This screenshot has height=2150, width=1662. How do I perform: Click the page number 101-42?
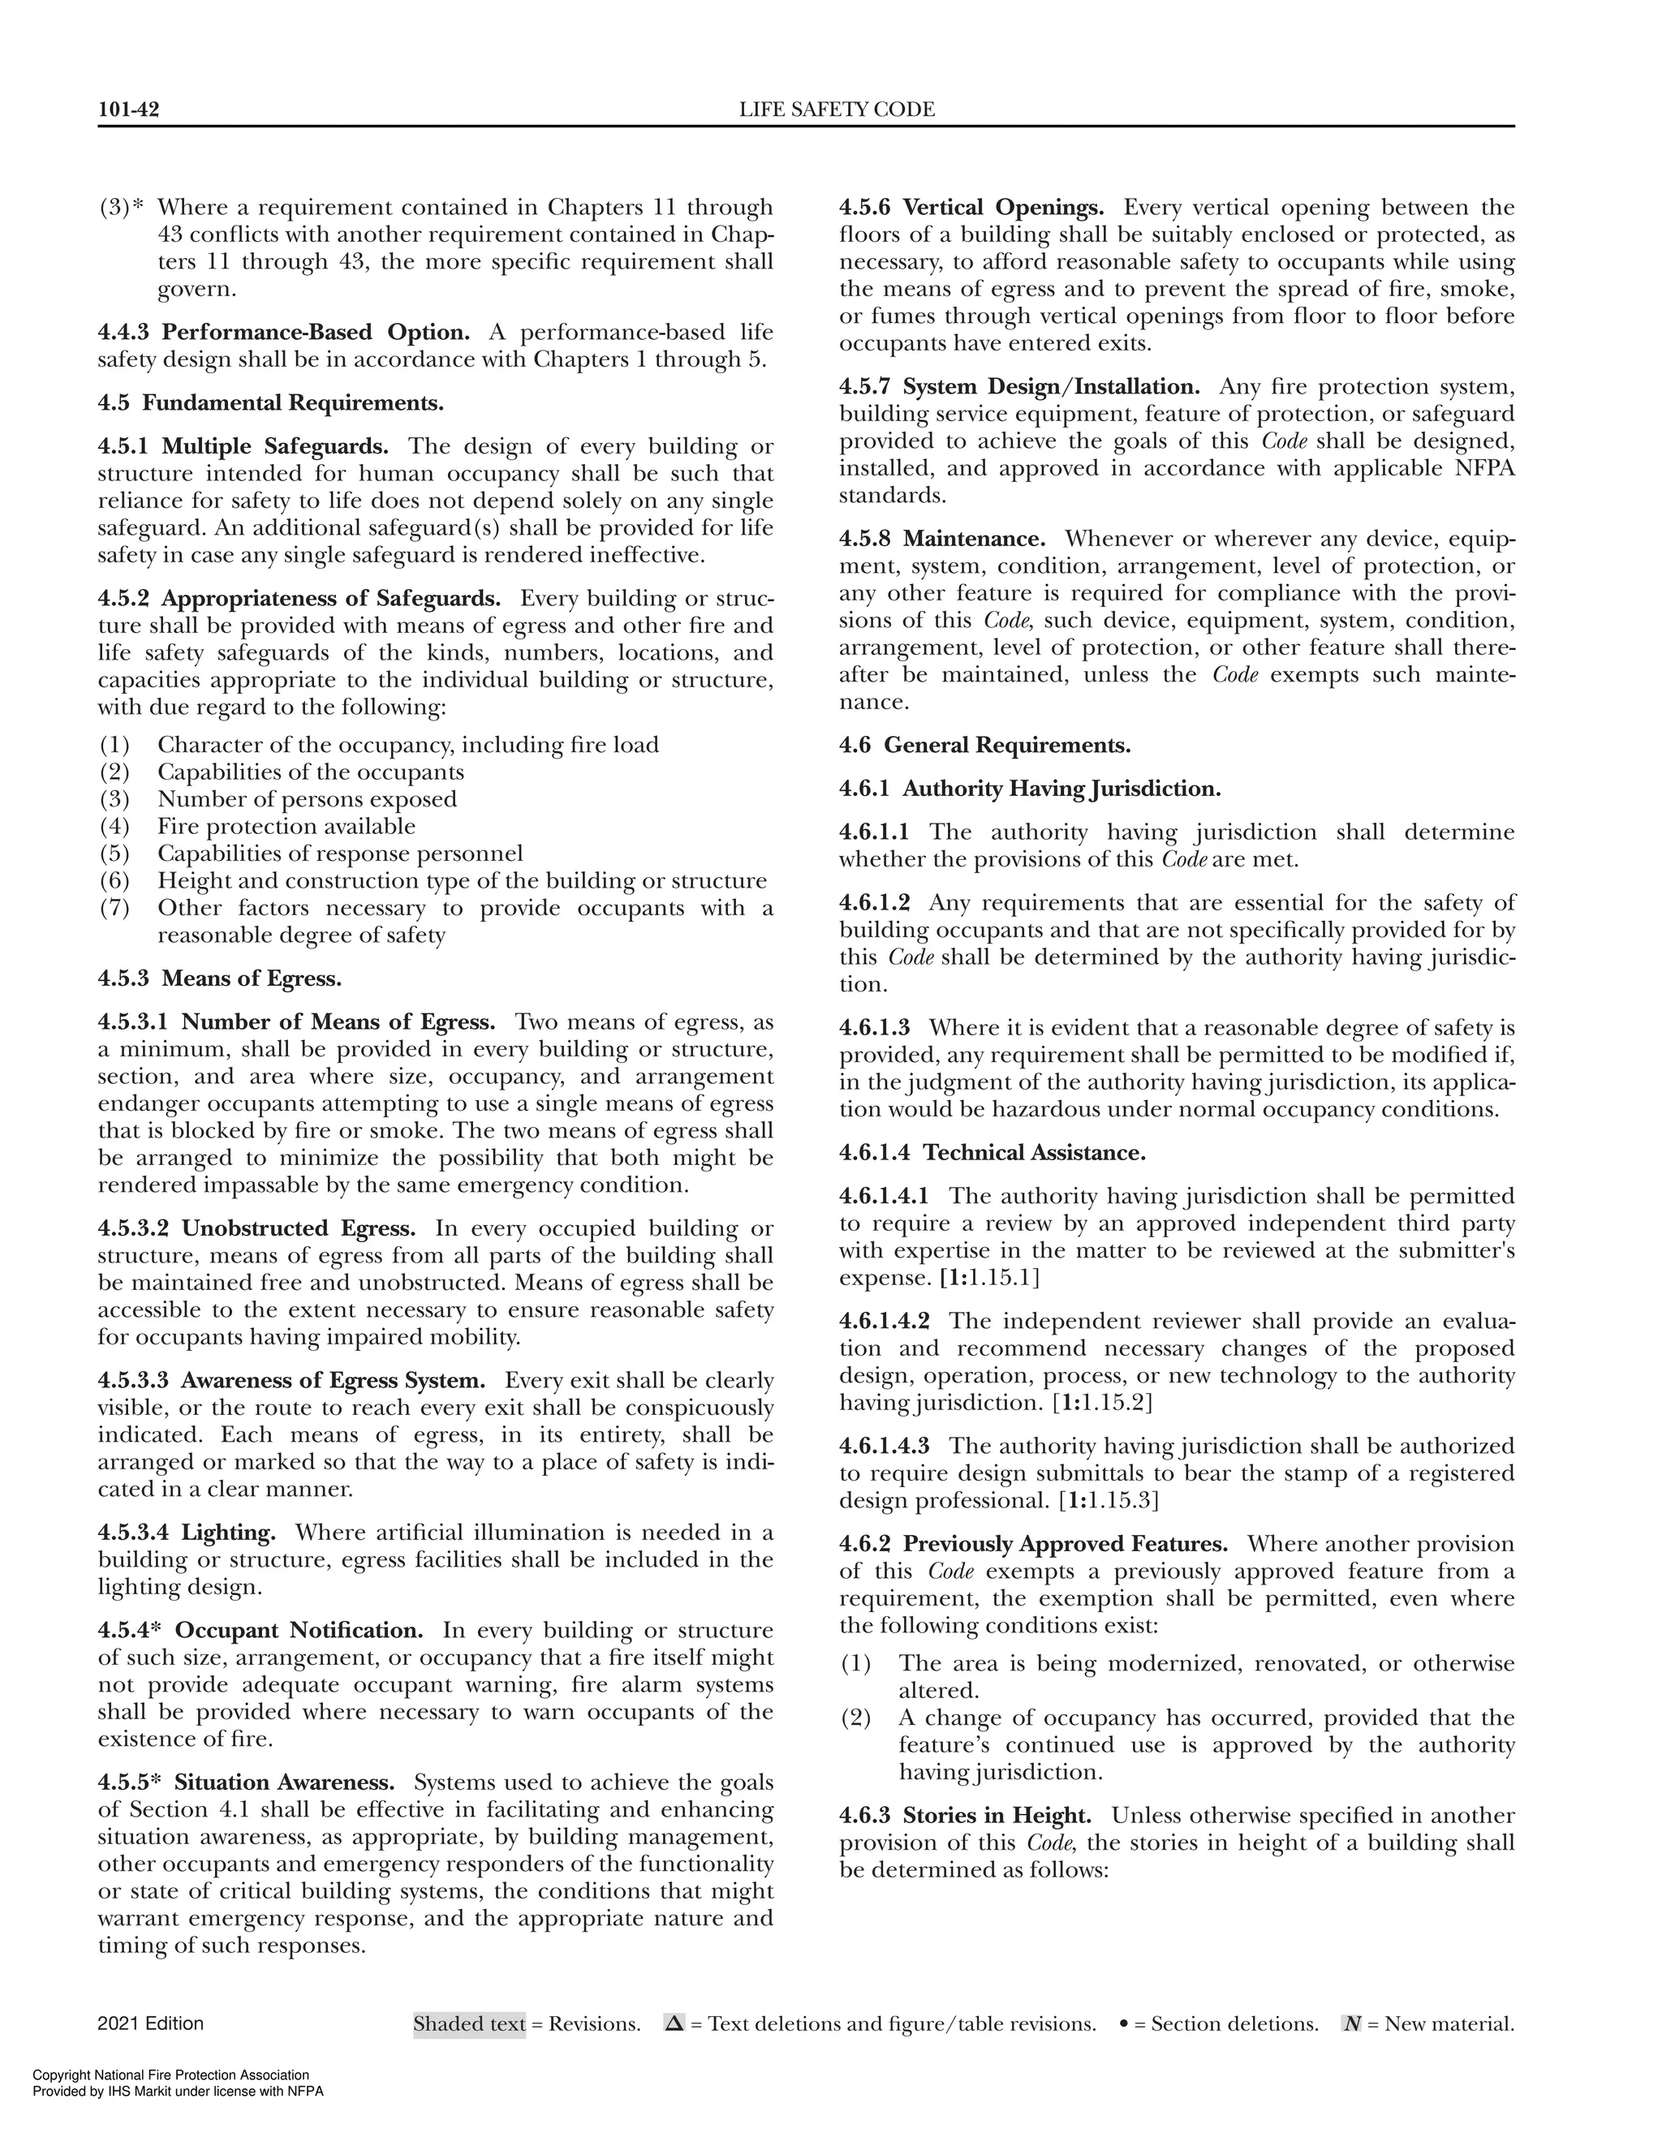click(x=128, y=110)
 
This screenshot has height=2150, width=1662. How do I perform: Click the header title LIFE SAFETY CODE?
click(x=837, y=110)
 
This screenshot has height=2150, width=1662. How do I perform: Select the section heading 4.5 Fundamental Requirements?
click(x=271, y=402)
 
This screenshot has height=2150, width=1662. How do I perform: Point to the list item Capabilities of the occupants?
click(x=310, y=772)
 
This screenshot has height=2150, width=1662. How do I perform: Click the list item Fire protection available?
click(x=286, y=826)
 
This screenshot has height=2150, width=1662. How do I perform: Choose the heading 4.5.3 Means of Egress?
click(x=220, y=978)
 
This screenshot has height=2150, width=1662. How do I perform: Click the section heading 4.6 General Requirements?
click(x=984, y=746)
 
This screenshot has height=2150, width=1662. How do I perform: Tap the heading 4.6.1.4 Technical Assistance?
click(x=992, y=1153)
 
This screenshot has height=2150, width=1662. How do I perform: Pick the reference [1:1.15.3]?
click(x=1109, y=1500)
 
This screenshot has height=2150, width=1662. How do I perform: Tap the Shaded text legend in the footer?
click(x=469, y=2025)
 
